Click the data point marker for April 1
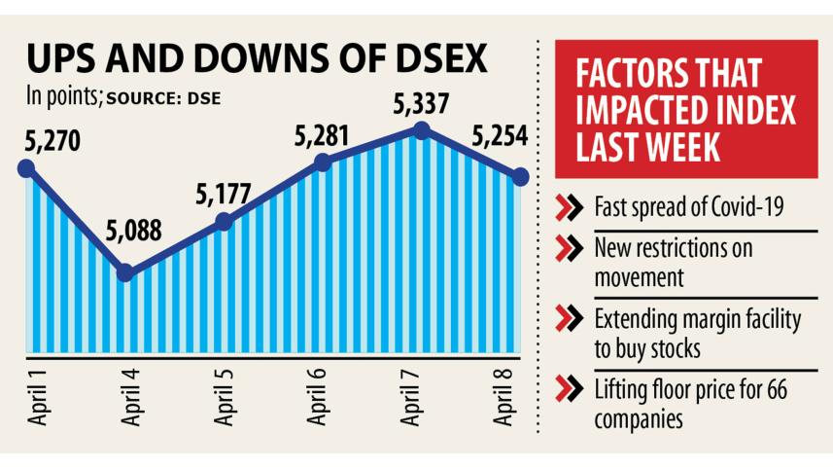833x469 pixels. [26, 168]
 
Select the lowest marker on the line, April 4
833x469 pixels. [125, 273]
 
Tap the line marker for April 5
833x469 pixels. [224, 222]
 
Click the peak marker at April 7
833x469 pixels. [421, 130]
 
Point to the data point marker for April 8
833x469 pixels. [520, 176]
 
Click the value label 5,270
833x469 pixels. [48, 139]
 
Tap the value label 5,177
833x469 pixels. [225, 194]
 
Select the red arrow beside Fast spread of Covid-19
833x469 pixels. [567, 206]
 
